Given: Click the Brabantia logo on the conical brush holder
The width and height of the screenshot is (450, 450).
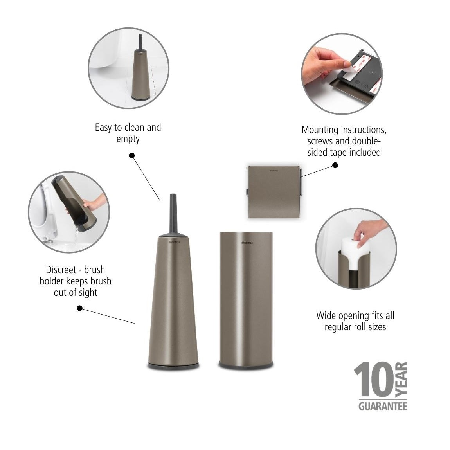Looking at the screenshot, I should pyautogui.click(x=175, y=242).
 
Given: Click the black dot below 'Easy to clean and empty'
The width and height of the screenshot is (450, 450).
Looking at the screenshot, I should pyautogui.click(x=132, y=155).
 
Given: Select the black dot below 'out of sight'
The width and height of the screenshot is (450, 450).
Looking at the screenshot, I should pyautogui.click(x=80, y=308).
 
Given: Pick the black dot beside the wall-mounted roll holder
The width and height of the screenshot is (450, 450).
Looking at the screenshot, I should pyautogui.click(x=335, y=165).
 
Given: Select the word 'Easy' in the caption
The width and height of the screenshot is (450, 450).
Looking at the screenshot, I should pyautogui.click(x=103, y=128).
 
